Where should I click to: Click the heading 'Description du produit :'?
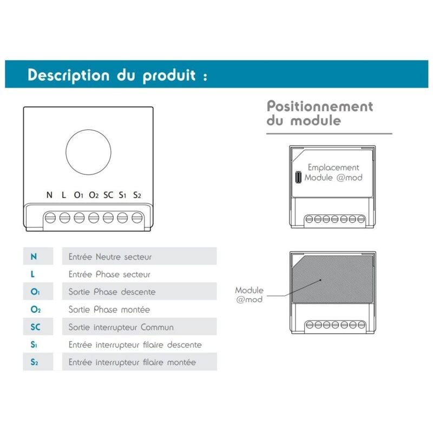click(x=117, y=75)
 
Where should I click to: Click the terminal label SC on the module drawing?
click(x=108, y=195)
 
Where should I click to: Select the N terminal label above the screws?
click(x=50, y=195)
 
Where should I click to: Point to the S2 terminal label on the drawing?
click(x=137, y=195)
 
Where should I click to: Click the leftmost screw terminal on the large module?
click(x=50, y=218)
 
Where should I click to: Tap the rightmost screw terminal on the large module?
click(x=137, y=218)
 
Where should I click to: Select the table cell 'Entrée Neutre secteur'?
click(x=110, y=257)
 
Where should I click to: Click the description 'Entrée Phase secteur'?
click(x=109, y=274)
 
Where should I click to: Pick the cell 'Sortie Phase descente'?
click(x=111, y=292)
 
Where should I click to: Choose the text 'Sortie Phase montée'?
click(x=109, y=310)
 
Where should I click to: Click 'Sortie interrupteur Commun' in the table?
click(x=121, y=327)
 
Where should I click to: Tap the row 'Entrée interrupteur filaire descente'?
click(x=135, y=345)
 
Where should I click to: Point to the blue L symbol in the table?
click(x=34, y=274)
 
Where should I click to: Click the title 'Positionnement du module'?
click(x=319, y=113)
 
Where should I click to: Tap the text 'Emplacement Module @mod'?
click(x=333, y=173)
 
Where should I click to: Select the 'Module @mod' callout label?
click(x=250, y=295)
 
